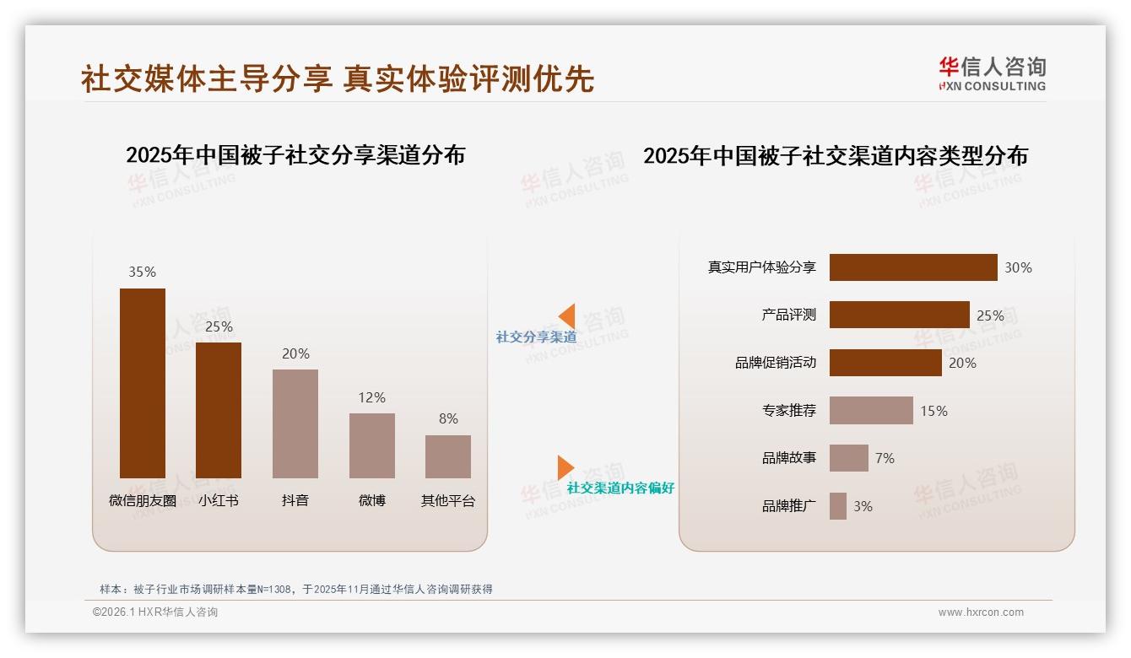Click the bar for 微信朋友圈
click(x=142, y=383)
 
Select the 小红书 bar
click(x=219, y=410)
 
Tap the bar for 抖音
click(x=295, y=423)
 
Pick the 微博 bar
click(x=371, y=445)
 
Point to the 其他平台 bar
click(x=448, y=456)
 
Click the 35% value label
click(x=142, y=272)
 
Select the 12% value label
click(x=371, y=397)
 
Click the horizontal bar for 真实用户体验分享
click(x=912, y=267)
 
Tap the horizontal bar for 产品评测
click(x=899, y=315)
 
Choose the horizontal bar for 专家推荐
click(x=871, y=411)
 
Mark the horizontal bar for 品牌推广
click(x=838, y=506)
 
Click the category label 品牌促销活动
click(x=776, y=363)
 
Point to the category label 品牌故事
click(x=789, y=458)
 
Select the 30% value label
click(x=1018, y=267)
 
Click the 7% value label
click(x=885, y=458)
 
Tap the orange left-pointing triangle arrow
click(x=567, y=316)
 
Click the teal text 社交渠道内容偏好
click(x=620, y=488)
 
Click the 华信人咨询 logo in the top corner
click(x=992, y=73)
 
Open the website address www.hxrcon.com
click(x=981, y=612)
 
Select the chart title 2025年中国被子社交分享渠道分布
click(x=295, y=155)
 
